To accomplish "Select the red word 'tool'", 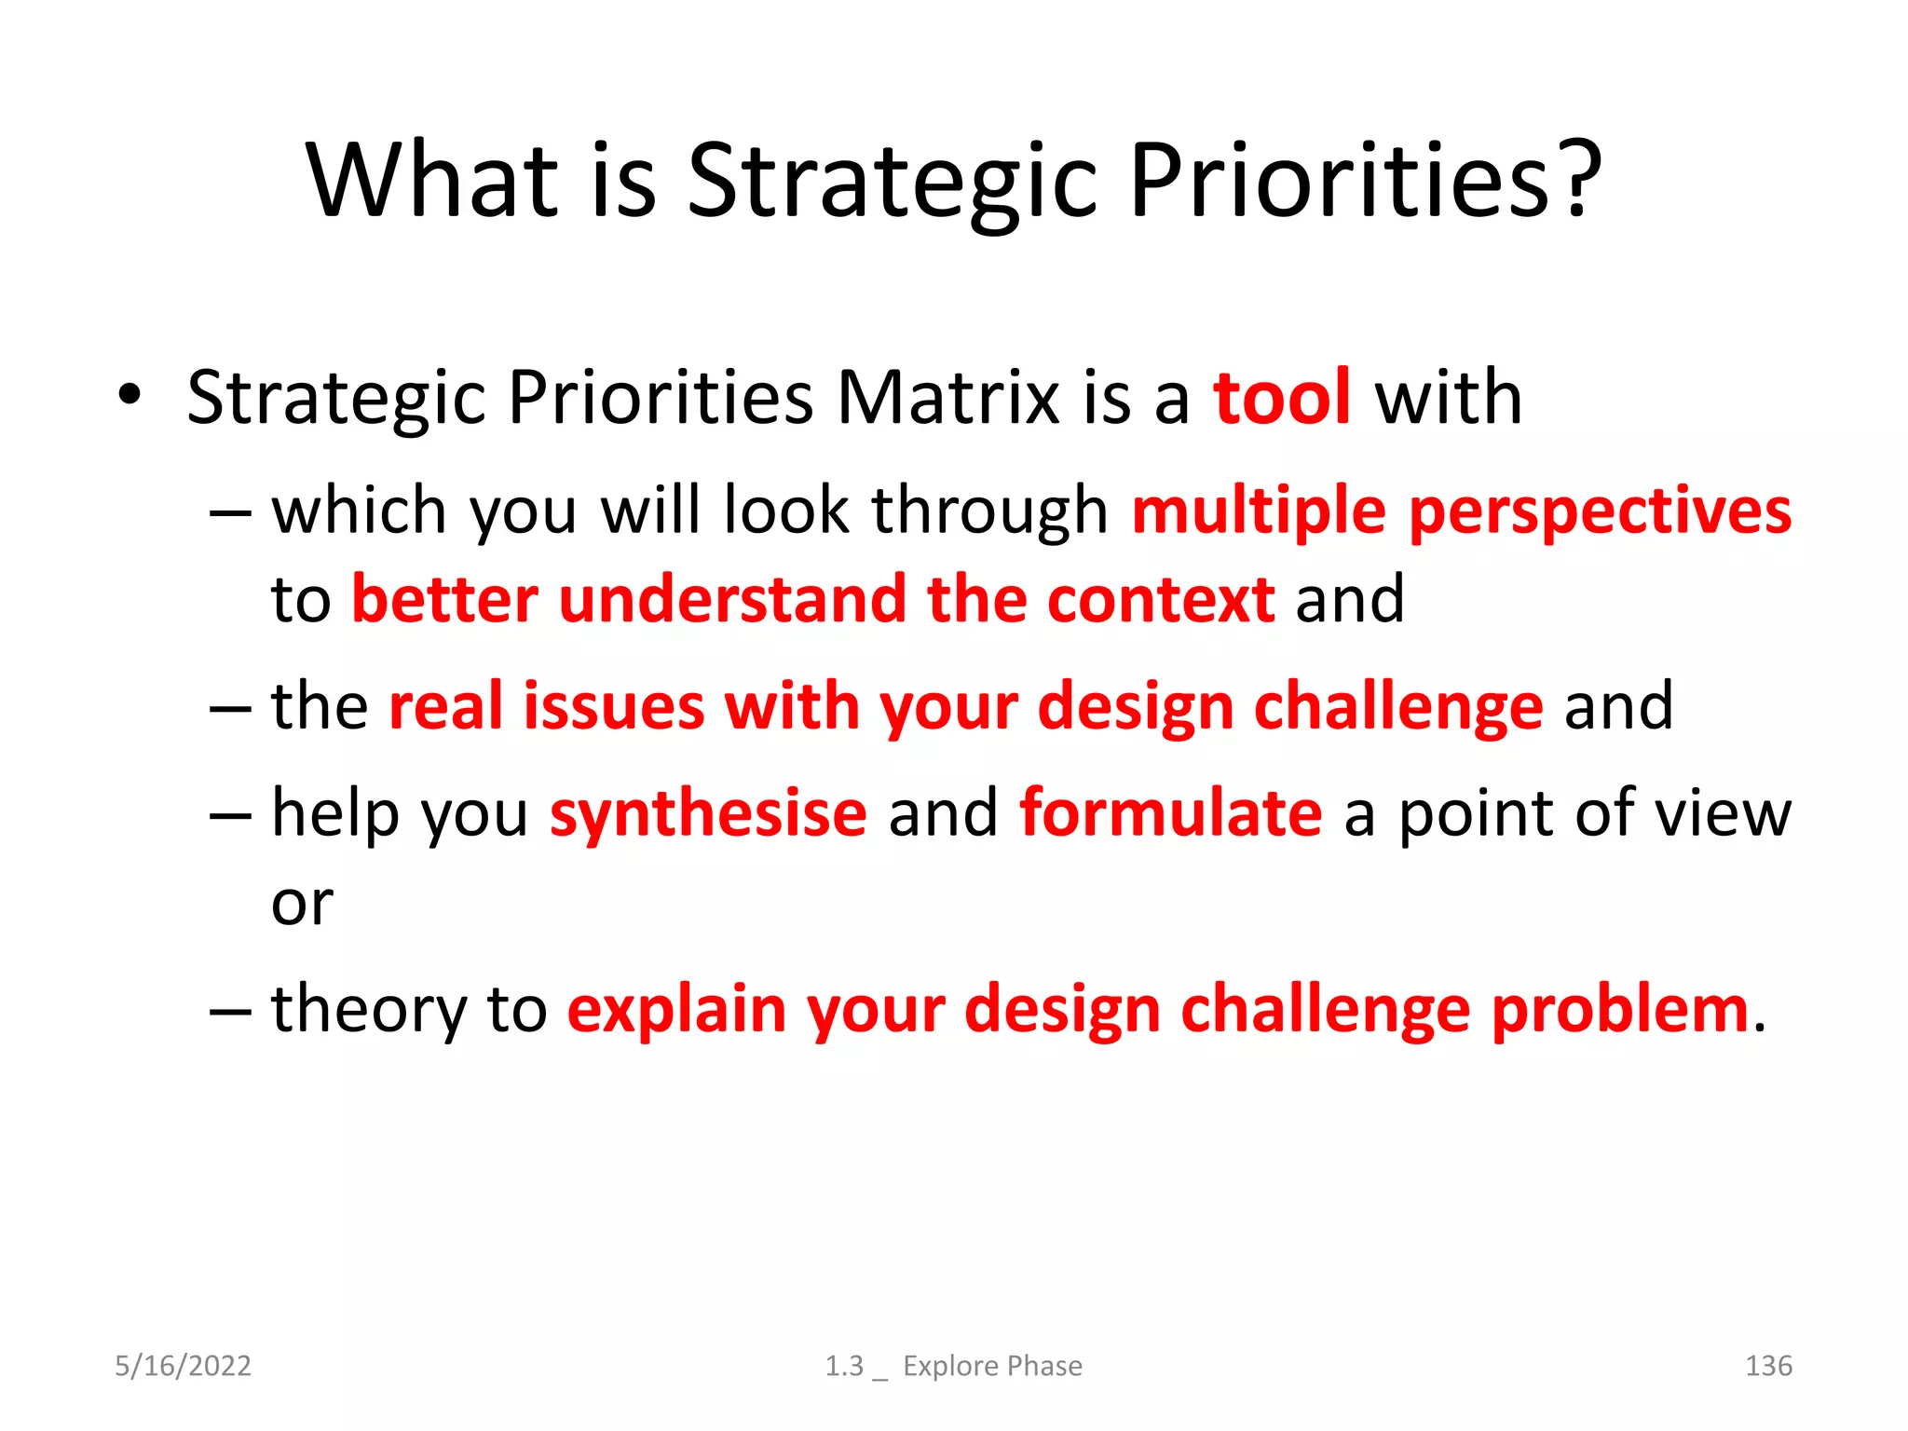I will (1282, 398).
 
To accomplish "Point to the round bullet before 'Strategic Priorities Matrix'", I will (129, 395).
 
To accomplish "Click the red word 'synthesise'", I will (708, 813).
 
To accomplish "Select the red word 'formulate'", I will (1170, 813).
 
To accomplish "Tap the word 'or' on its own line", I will (302, 903).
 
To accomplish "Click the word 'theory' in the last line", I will (369, 1010).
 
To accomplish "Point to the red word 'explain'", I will (676, 1010).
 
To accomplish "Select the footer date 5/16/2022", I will (183, 1366).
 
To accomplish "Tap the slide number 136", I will (1767, 1366).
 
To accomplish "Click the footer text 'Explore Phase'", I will (992, 1366).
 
